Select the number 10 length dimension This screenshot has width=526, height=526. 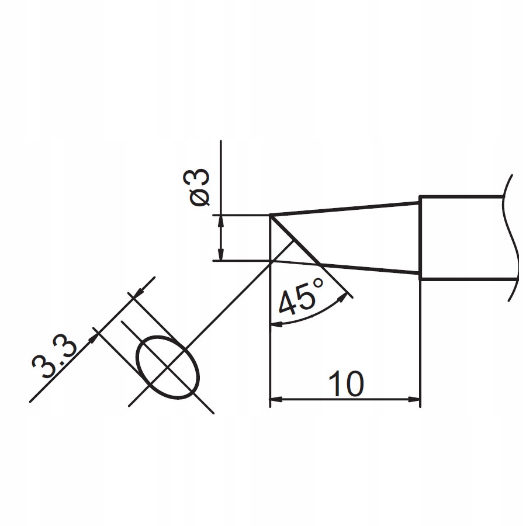[345, 383]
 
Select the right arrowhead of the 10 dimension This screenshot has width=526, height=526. [415, 400]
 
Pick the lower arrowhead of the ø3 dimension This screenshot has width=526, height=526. [220, 255]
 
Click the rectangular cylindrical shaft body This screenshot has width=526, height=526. [462, 238]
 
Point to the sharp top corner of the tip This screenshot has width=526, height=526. [270, 216]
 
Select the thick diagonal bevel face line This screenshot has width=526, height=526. [296, 240]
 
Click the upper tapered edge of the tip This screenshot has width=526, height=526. [345, 209]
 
